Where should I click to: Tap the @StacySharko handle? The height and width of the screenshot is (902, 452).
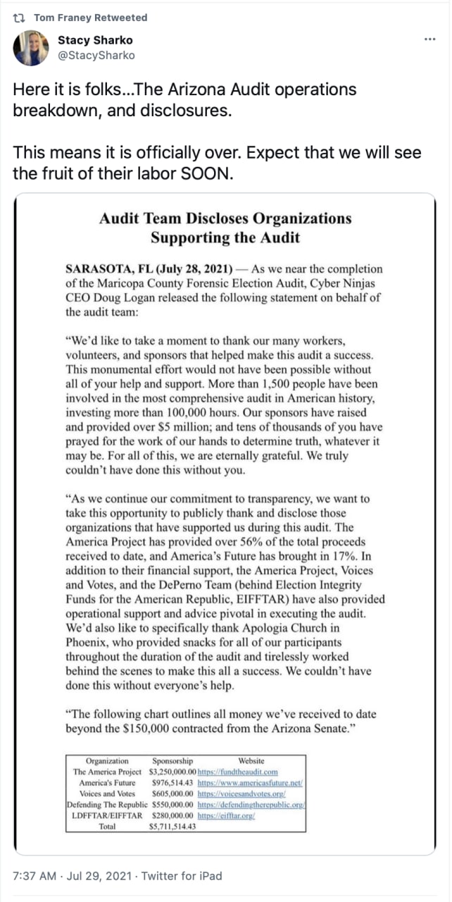pos(96,55)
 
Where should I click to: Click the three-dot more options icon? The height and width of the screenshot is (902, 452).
pos(430,39)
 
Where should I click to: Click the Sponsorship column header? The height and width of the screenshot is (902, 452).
pos(172,760)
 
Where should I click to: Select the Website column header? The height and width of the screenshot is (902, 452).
pos(251,760)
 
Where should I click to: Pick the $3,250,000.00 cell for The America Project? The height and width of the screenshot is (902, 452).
pos(172,772)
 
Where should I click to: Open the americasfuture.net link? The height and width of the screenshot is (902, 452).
pos(250,783)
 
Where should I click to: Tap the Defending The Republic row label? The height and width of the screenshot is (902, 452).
pos(106,804)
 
